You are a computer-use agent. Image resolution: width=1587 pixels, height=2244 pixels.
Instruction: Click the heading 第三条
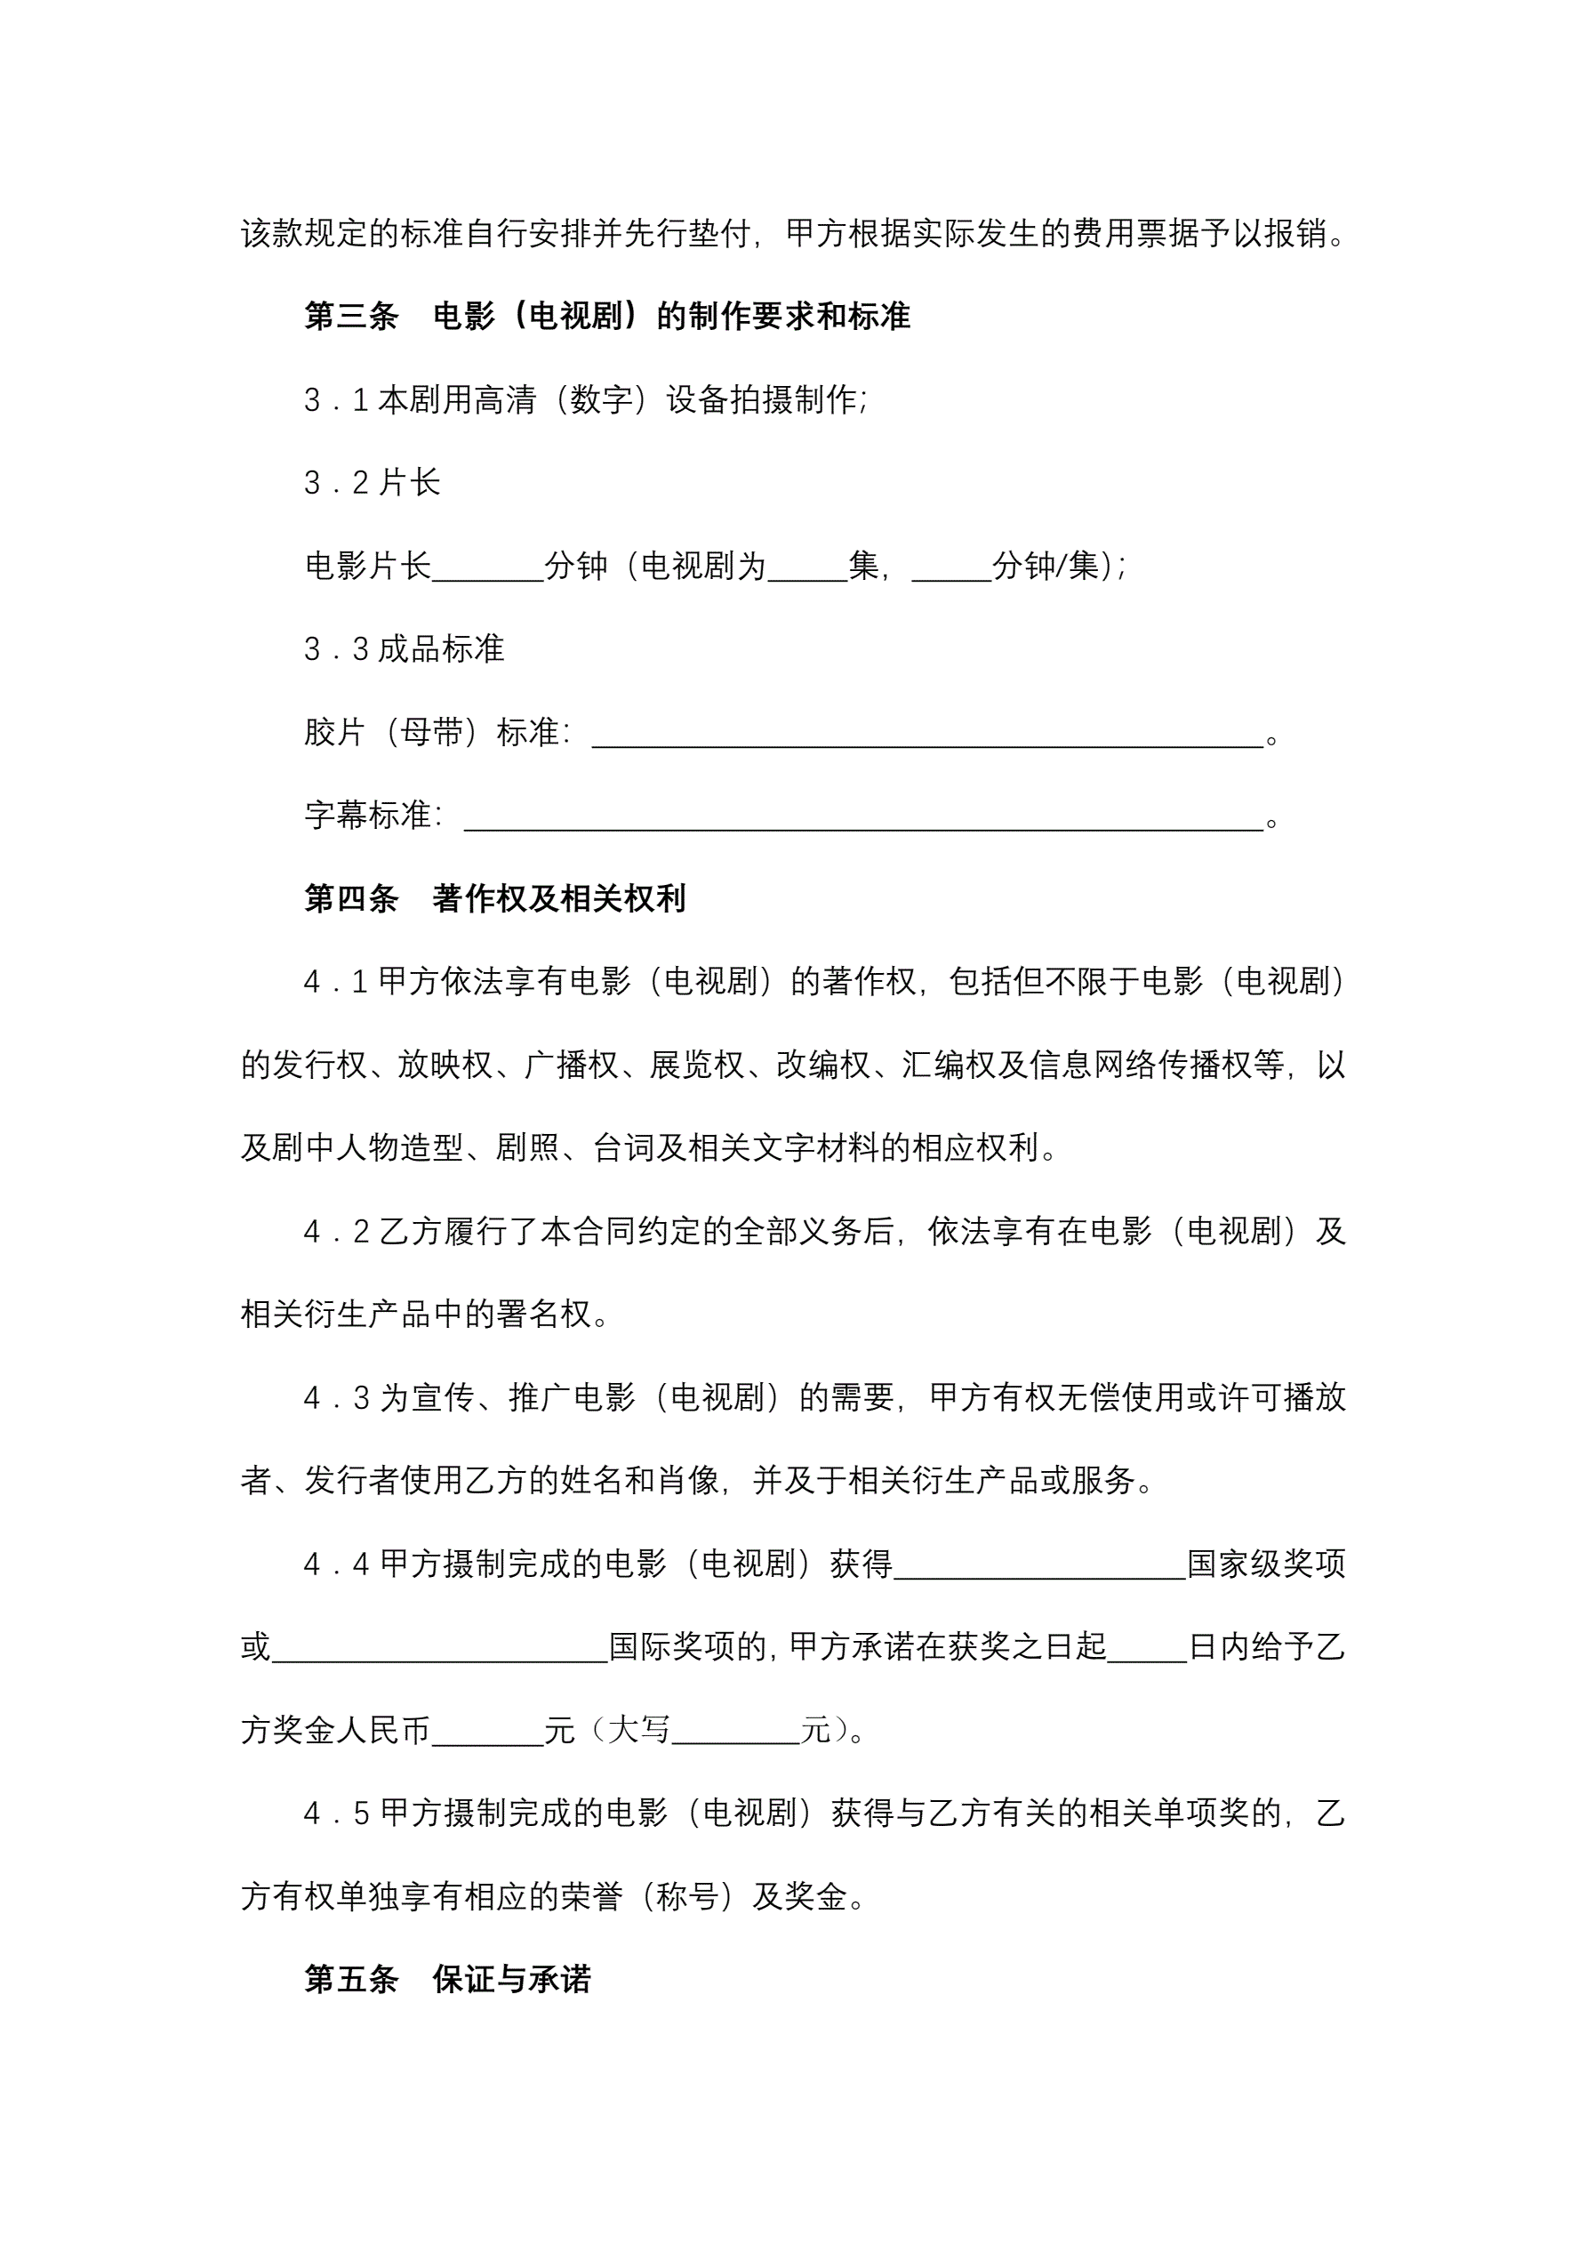pyautogui.click(x=351, y=316)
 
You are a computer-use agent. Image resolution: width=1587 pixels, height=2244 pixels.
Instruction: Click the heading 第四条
pyautogui.click(x=351, y=898)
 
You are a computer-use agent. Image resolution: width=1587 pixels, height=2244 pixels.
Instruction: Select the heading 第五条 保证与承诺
pyautogui.click(x=447, y=1979)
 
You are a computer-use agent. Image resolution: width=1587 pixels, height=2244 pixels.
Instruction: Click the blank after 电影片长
pyautogui.click(x=486, y=567)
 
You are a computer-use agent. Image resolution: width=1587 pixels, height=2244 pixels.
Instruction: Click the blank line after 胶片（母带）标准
pyautogui.click(x=926, y=733)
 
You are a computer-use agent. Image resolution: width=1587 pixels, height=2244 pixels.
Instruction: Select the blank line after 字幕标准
pyautogui.click(x=863, y=816)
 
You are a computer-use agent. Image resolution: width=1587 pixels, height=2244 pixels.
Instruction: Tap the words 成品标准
pyautogui.click(x=441, y=649)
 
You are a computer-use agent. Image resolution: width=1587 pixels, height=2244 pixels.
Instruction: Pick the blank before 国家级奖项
pyautogui.click(x=1038, y=1564)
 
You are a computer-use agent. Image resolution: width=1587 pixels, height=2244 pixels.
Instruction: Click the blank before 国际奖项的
pyautogui.click(x=440, y=1648)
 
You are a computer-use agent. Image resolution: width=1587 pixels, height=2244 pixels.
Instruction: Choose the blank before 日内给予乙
pyautogui.click(x=1146, y=1648)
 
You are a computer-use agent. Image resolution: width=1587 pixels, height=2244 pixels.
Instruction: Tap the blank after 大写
pyautogui.click(x=736, y=1731)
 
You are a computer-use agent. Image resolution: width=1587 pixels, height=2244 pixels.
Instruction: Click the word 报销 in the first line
pyautogui.click(x=1294, y=234)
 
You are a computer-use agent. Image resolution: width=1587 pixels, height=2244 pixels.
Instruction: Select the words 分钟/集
pyautogui.click(x=1045, y=566)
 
